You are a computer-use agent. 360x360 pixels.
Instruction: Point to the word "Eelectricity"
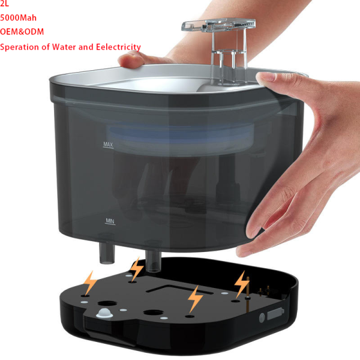click(x=118, y=47)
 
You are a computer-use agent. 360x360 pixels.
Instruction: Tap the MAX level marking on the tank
click(x=109, y=144)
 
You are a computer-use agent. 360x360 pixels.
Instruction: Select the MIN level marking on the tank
click(x=110, y=221)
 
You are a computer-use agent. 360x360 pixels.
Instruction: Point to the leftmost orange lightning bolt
click(x=91, y=282)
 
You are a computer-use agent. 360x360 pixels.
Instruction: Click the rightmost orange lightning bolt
click(x=242, y=282)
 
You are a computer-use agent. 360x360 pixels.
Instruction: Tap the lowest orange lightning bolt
click(x=195, y=299)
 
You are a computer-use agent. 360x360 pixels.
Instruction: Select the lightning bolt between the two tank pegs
click(x=137, y=268)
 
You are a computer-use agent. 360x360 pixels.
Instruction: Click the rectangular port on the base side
click(x=275, y=313)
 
